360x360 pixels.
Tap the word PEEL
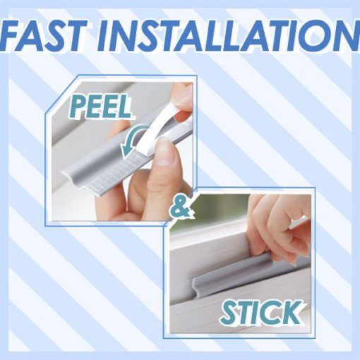click(x=101, y=107)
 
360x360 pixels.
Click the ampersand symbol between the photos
click(x=181, y=208)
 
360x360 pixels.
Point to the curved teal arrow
click(x=132, y=140)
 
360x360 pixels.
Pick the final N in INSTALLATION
click(x=347, y=36)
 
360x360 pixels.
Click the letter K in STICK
click(x=291, y=312)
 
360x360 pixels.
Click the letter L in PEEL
click(x=124, y=107)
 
